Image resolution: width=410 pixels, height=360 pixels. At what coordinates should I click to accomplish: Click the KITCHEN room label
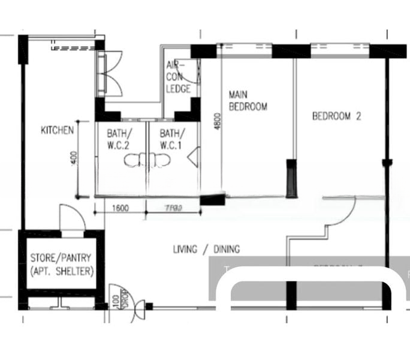click(57, 130)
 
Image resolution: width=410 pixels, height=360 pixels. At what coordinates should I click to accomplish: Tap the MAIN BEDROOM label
click(248, 100)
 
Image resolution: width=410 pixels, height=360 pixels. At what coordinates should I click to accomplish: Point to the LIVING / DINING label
click(206, 249)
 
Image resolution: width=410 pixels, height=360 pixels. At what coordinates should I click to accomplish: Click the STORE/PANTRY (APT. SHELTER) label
click(62, 265)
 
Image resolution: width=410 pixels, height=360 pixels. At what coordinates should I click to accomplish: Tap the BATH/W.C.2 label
click(120, 139)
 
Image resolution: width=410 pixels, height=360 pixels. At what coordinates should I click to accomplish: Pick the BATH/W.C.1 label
click(173, 139)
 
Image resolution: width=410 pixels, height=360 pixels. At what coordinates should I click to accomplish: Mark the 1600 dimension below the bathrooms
click(120, 209)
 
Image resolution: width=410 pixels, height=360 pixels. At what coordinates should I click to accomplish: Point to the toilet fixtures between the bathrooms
click(147, 160)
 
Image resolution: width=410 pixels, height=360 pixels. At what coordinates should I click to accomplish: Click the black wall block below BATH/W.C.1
click(212, 200)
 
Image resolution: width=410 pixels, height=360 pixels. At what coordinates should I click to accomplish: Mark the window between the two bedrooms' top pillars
click(340, 50)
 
